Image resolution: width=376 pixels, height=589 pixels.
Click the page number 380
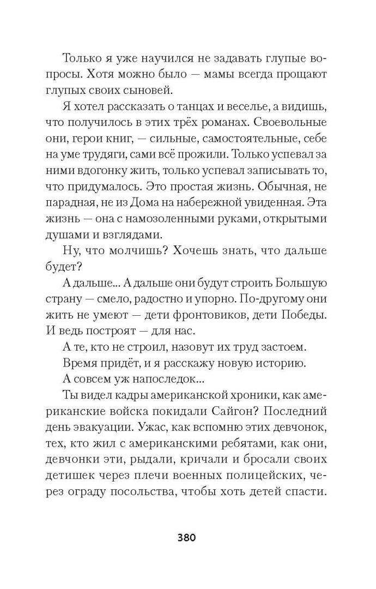click(x=187, y=537)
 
